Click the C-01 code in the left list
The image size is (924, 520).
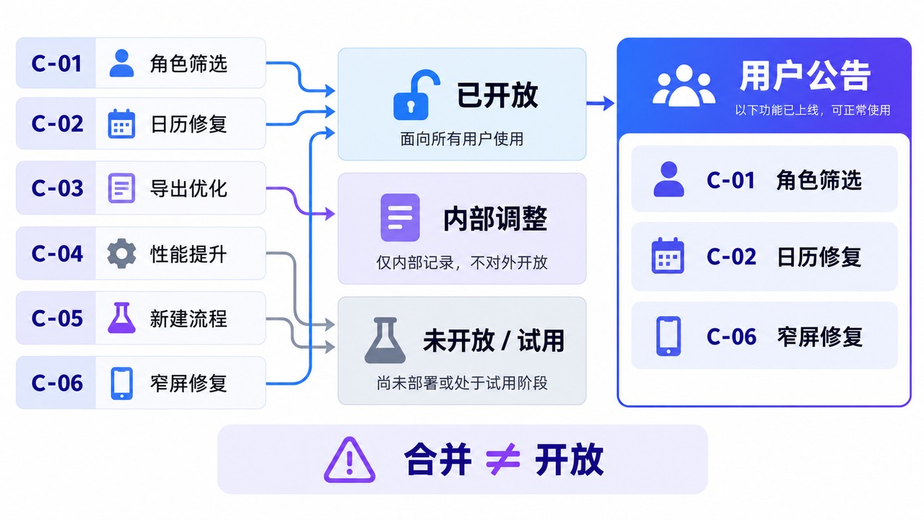click(x=56, y=64)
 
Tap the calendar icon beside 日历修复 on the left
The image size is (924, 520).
click(x=121, y=123)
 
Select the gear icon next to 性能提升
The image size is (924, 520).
click(x=121, y=253)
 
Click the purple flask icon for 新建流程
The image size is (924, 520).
click(x=122, y=318)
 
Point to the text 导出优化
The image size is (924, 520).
click(x=188, y=188)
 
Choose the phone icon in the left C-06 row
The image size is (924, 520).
click(x=122, y=383)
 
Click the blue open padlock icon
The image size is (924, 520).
click(x=417, y=95)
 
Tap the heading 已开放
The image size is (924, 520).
click(x=497, y=95)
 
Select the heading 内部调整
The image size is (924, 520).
click(x=495, y=219)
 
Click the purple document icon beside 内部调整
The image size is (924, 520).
click(x=400, y=217)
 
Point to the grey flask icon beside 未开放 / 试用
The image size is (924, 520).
click(x=385, y=340)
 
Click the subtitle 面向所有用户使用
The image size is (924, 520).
click(x=461, y=139)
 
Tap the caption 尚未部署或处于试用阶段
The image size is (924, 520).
click(x=462, y=383)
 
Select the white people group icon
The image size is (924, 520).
click(x=684, y=85)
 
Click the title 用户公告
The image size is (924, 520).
click(x=805, y=76)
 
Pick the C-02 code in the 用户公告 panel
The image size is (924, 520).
click(x=731, y=256)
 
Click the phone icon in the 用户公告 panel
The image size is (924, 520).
click(x=668, y=336)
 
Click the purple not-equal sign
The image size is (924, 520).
click(x=502, y=459)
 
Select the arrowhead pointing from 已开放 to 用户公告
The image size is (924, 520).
click(x=609, y=103)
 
